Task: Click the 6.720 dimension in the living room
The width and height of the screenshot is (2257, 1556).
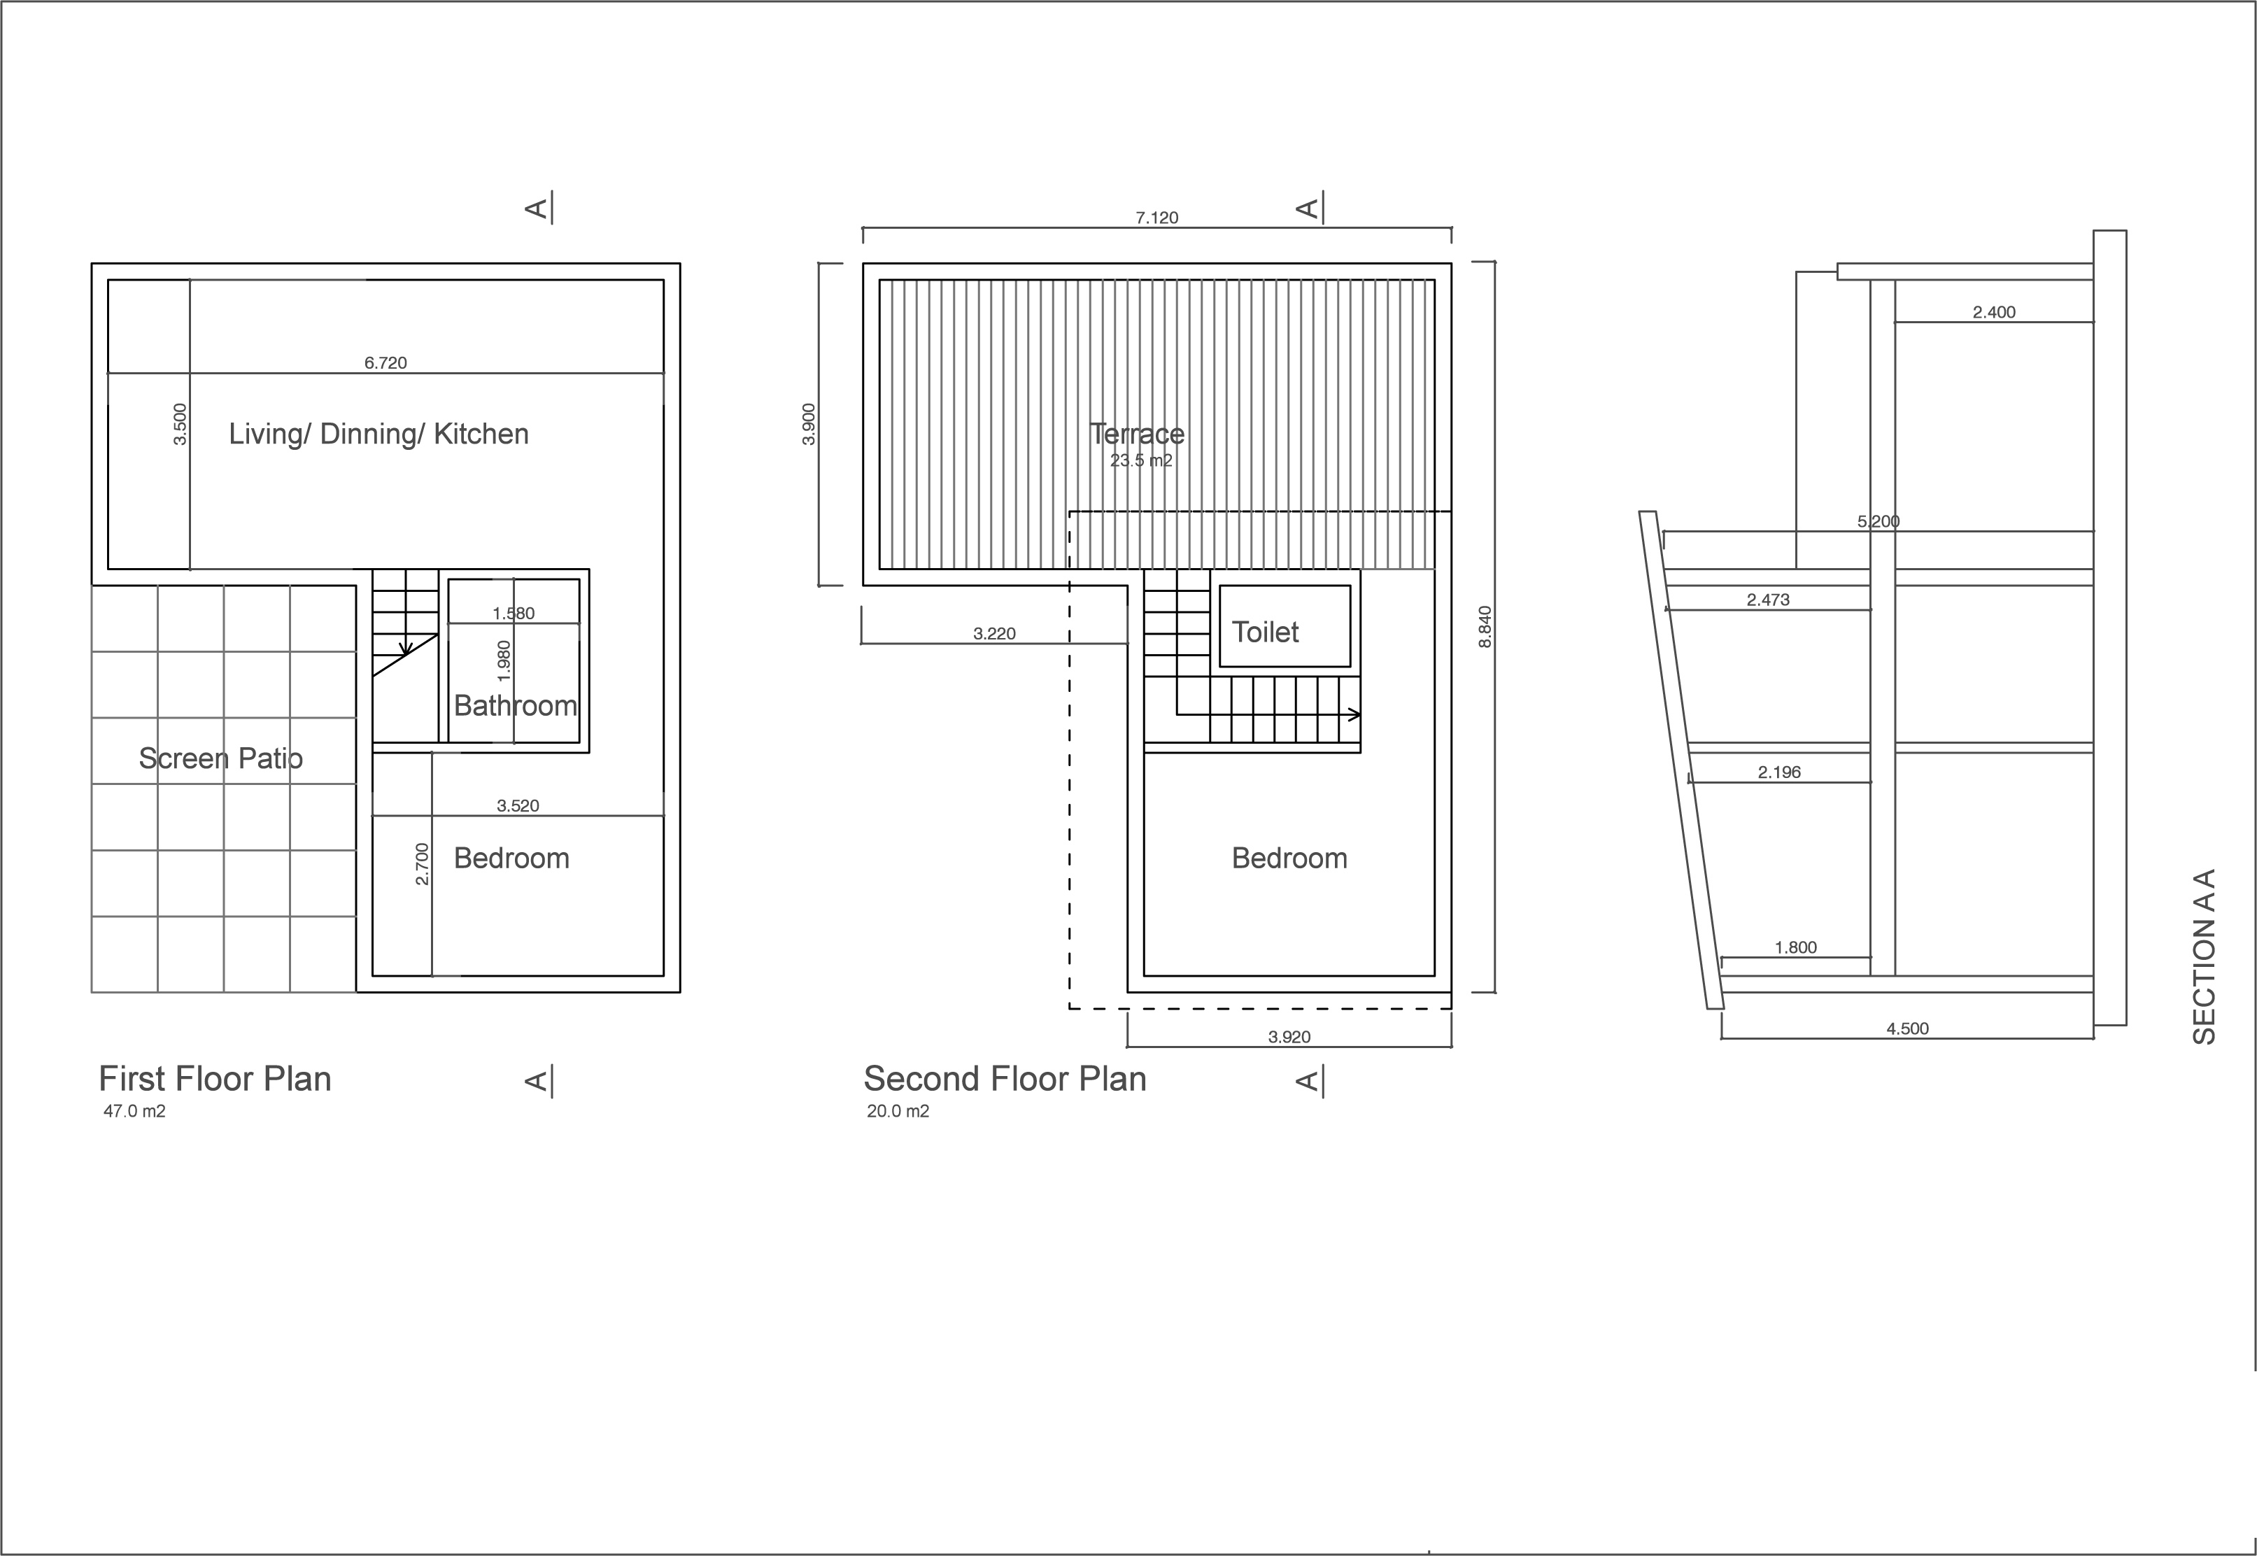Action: point(385,362)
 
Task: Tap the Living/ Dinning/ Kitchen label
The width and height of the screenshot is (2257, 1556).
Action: point(378,434)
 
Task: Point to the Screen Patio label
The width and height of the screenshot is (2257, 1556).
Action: point(220,758)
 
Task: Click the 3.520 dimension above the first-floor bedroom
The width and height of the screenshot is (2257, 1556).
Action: point(518,805)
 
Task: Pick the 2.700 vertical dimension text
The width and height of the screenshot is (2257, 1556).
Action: point(421,864)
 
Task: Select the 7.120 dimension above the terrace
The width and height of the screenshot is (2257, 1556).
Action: point(1156,218)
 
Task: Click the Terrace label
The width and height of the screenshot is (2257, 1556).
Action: point(1137,433)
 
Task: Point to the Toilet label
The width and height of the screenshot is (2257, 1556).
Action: point(1264,632)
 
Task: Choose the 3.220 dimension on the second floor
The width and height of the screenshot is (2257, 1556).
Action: point(993,634)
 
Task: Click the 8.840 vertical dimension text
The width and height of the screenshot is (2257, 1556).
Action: point(1485,627)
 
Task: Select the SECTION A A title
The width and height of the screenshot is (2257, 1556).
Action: point(2205,956)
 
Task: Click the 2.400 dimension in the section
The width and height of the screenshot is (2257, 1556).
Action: point(1994,312)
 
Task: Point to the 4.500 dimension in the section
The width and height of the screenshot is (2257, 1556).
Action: point(1907,1028)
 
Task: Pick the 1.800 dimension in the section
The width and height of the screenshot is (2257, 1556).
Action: point(1795,947)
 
